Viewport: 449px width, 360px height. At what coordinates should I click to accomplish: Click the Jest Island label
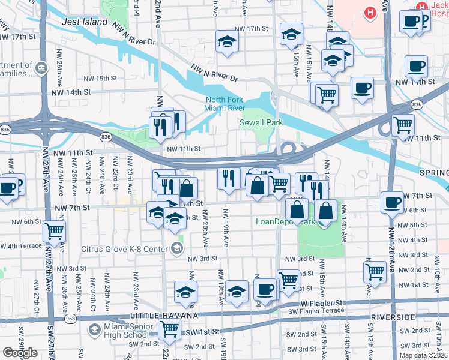tap(84, 22)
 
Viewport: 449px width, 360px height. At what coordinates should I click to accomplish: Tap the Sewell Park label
tap(261, 122)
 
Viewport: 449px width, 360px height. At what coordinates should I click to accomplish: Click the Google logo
tap(20, 353)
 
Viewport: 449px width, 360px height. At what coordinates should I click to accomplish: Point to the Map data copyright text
tap(422, 355)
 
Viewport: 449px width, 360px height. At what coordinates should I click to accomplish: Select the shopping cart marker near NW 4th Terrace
tap(55, 230)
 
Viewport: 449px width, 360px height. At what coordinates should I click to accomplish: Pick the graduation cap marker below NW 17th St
tap(228, 41)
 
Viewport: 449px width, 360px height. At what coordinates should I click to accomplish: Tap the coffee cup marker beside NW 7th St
tap(392, 202)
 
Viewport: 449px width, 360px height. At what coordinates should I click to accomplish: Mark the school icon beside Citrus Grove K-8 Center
tap(177, 248)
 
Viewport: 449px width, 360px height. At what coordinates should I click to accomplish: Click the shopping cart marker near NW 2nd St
tap(375, 270)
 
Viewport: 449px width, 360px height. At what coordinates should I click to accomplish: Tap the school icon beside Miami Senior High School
tap(94, 331)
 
